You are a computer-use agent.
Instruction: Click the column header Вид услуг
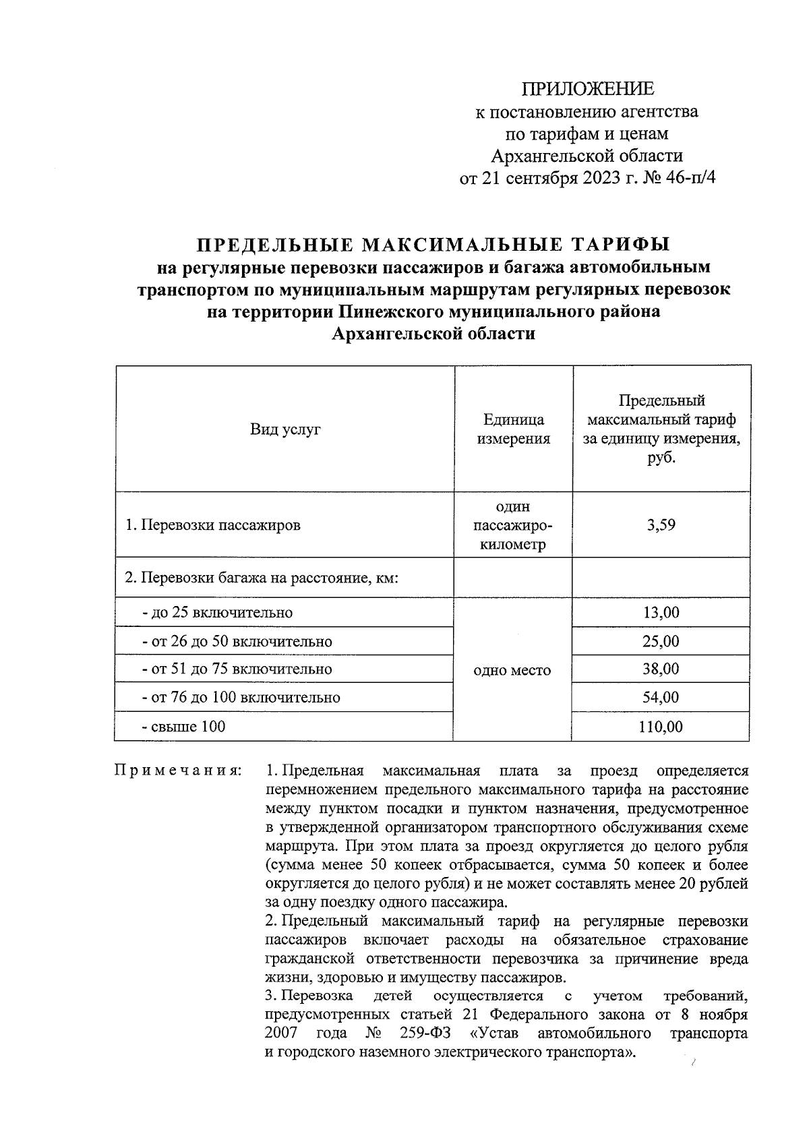pyautogui.click(x=285, y=429)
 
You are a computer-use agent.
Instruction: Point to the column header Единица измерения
pyautogui.click(x=514, y=429)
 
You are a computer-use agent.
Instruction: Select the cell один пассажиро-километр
pyautogui.click(x=514, y=525)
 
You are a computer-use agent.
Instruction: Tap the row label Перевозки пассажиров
pyautogui.click(x=213, y=525)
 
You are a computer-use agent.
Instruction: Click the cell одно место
pyautogui.click(x=512, y=670)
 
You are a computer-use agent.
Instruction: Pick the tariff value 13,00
pyautogui.click(x=661, y=613)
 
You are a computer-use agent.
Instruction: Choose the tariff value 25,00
pyautogui.click(x=661, y=641)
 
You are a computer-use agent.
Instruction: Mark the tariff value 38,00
pyautogui.click(x=661, y=669)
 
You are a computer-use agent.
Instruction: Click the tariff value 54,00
pyautogui.click(x=661, y=698)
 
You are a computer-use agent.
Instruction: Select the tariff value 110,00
pyautogui.click(x=661, y=727)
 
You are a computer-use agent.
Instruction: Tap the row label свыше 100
pyautogui.click(x=183, y=727)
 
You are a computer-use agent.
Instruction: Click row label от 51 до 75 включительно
pyautogui.click(x=237, y=669)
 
